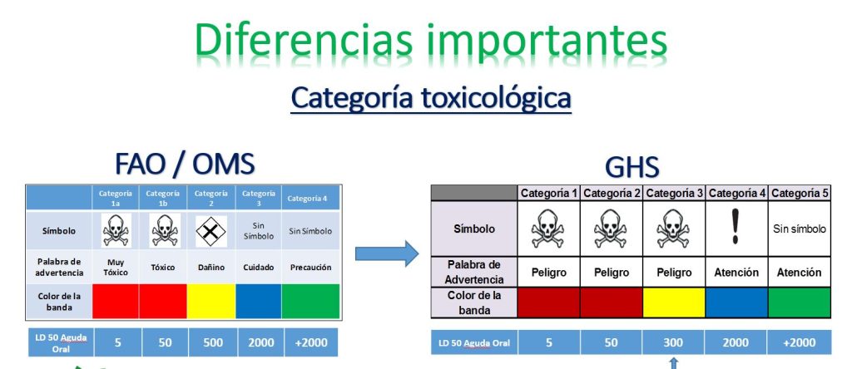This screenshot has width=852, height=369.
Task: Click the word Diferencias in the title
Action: pos(303,42)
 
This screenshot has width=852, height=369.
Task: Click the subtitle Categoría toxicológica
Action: pos(431,98)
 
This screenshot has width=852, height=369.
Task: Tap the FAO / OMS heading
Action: pos(185,164)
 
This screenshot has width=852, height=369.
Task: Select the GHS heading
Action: pos(632,168)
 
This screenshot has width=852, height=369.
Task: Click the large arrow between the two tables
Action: pos(387,253)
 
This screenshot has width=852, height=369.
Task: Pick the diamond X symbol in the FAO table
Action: pos(211,231)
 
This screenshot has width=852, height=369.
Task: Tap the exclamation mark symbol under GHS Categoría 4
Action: pos(736,226)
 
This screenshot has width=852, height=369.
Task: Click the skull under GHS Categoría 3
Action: pos(673,229)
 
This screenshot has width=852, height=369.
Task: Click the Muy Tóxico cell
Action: pos(116,267)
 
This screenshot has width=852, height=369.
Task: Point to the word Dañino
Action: pos(211,268)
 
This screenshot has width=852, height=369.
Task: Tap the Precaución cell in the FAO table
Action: pos(310,268)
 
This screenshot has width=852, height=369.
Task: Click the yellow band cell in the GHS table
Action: pos(674,303)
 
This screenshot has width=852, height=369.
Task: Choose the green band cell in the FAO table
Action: pos(311,301)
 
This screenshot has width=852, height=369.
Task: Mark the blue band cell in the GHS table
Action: pos(736,303)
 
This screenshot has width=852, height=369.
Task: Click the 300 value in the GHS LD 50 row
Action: pos(673,342)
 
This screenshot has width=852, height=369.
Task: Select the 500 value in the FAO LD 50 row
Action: pos(212,342)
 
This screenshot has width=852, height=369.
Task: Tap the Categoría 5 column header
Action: pos(800,193)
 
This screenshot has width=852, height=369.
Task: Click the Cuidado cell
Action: pos(259,268)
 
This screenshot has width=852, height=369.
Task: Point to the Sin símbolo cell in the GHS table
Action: pos(800,229)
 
